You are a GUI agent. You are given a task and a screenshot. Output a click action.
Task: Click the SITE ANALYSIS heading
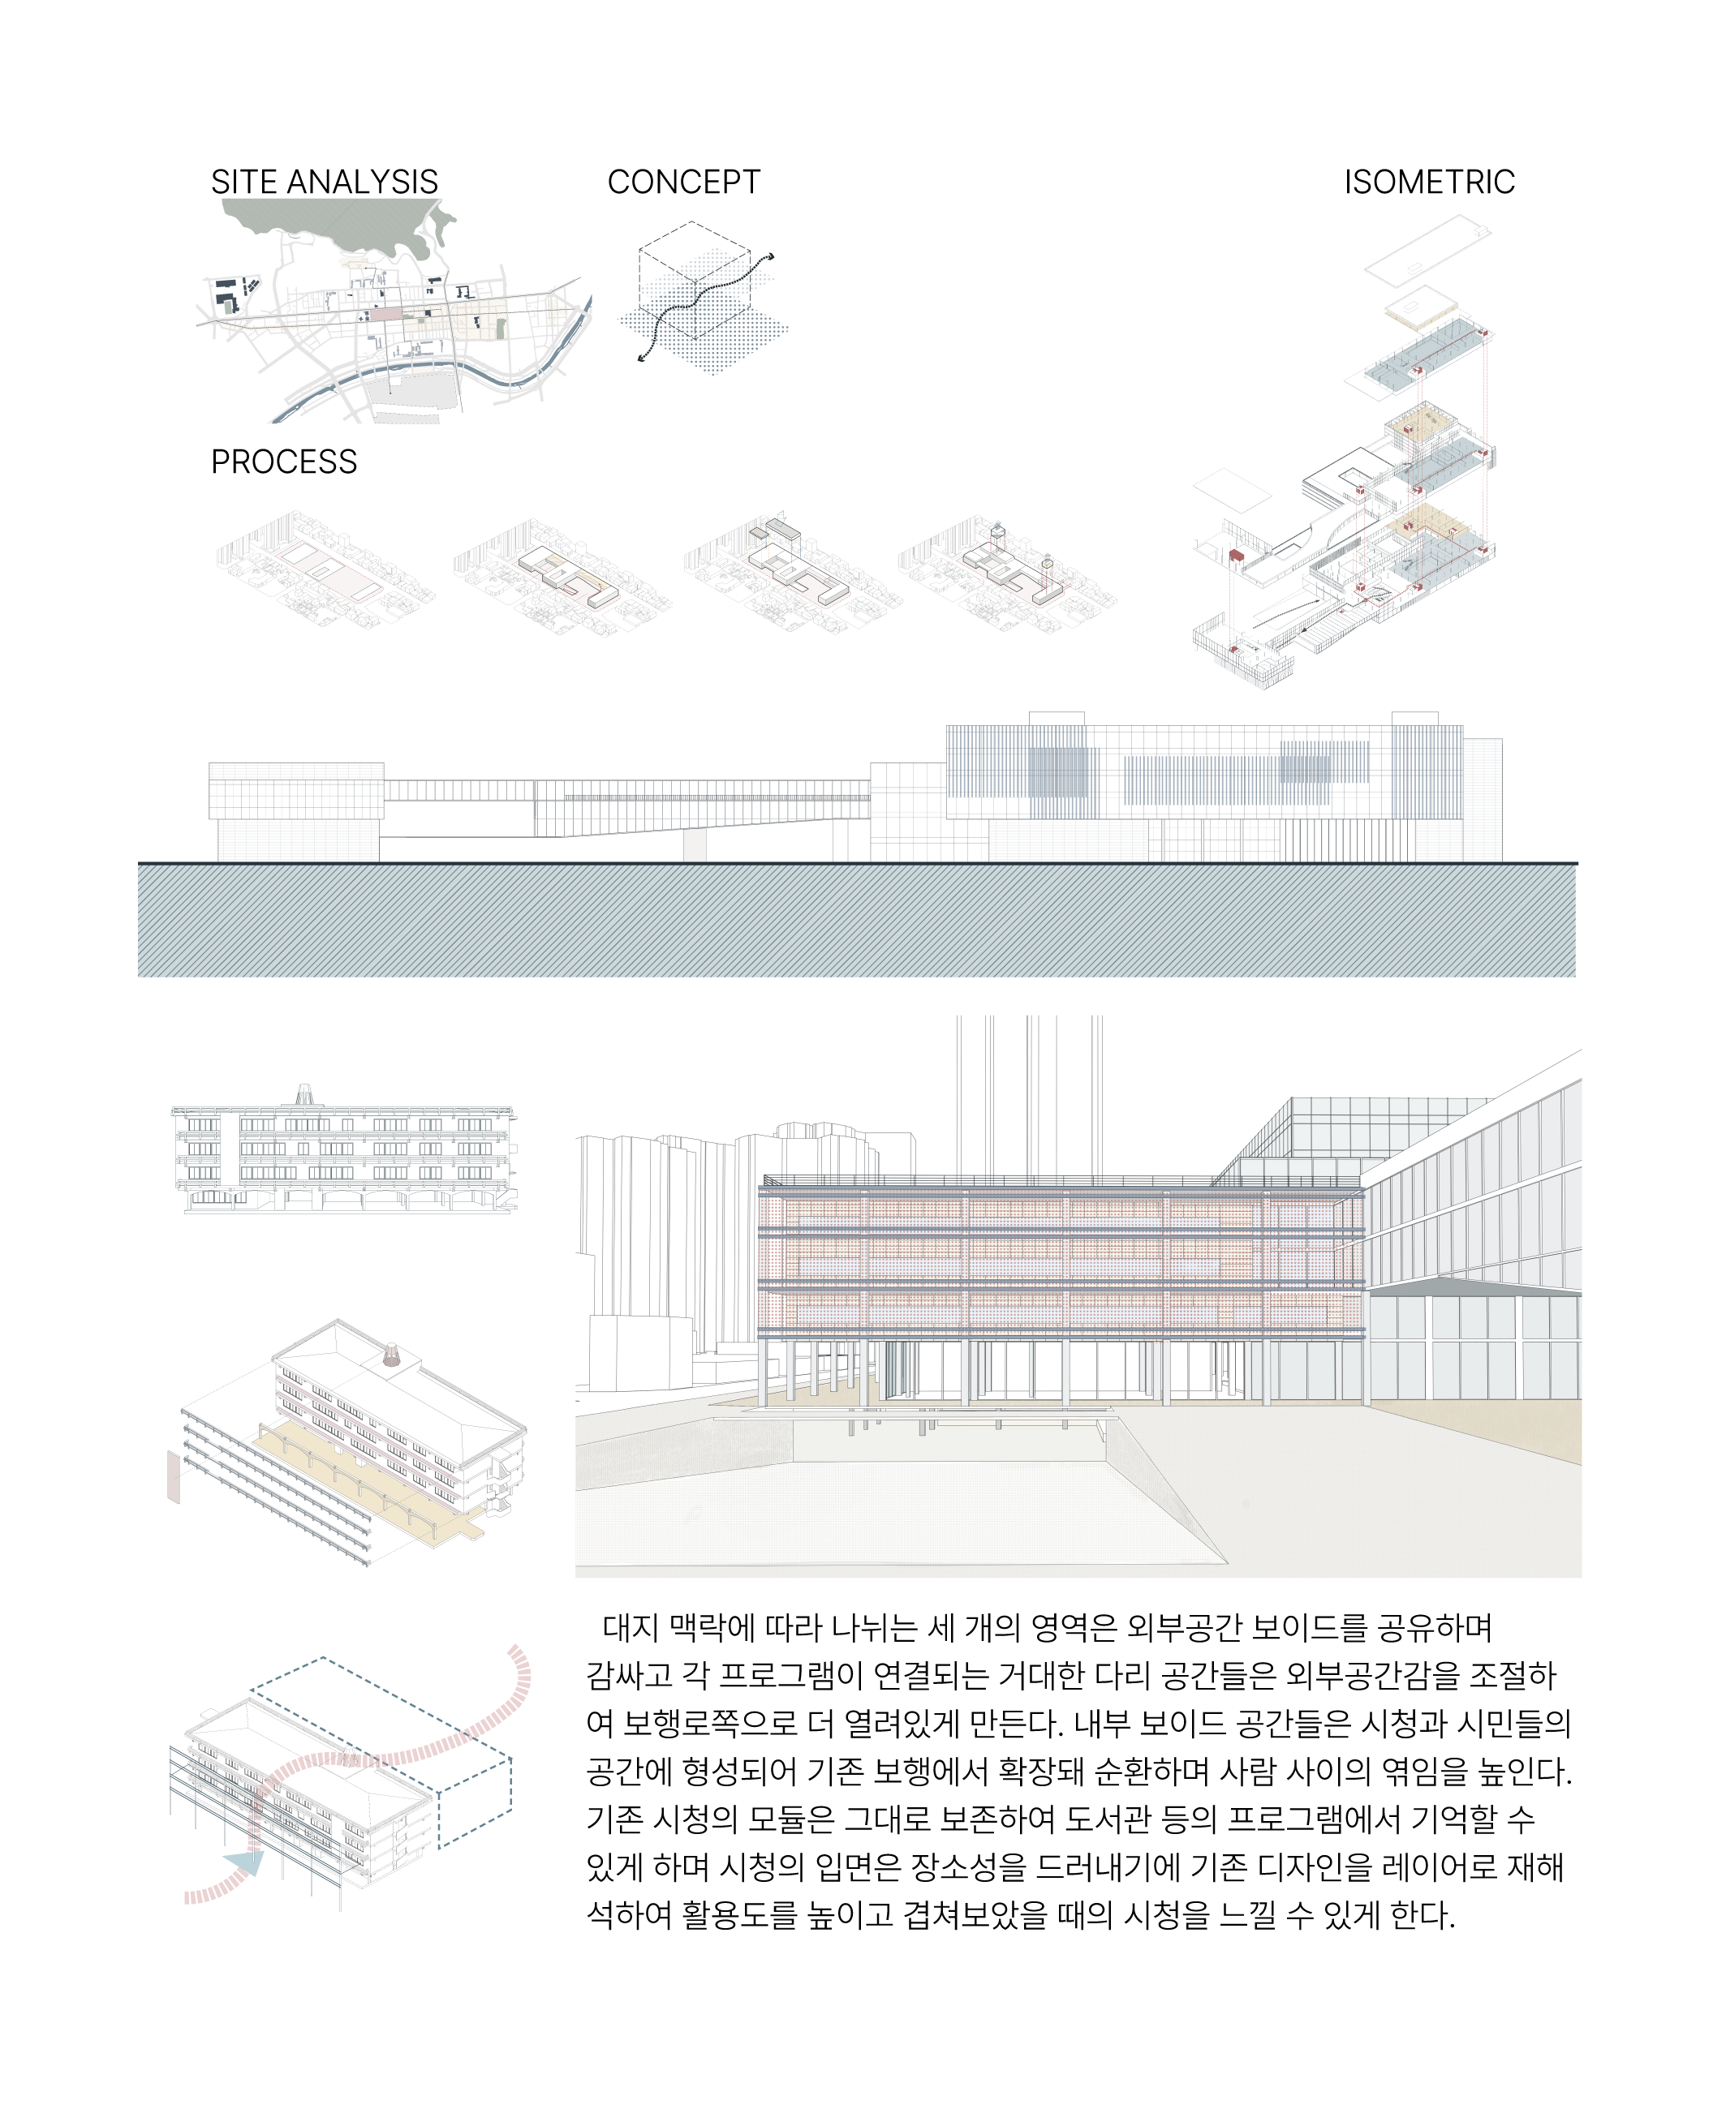coord(324,182)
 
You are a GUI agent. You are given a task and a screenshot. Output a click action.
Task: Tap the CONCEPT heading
coord(684,182)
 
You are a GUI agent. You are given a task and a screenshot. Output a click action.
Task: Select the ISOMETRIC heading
coord(1429,182)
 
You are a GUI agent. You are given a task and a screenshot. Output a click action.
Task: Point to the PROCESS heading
coord(284,462)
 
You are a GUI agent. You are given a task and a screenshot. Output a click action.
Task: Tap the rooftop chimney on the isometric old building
coord(392,1355)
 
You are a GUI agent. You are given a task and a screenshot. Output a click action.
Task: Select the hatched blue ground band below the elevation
coord(857,921)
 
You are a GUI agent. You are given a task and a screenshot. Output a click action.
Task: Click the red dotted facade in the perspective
coord(1061,1263)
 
